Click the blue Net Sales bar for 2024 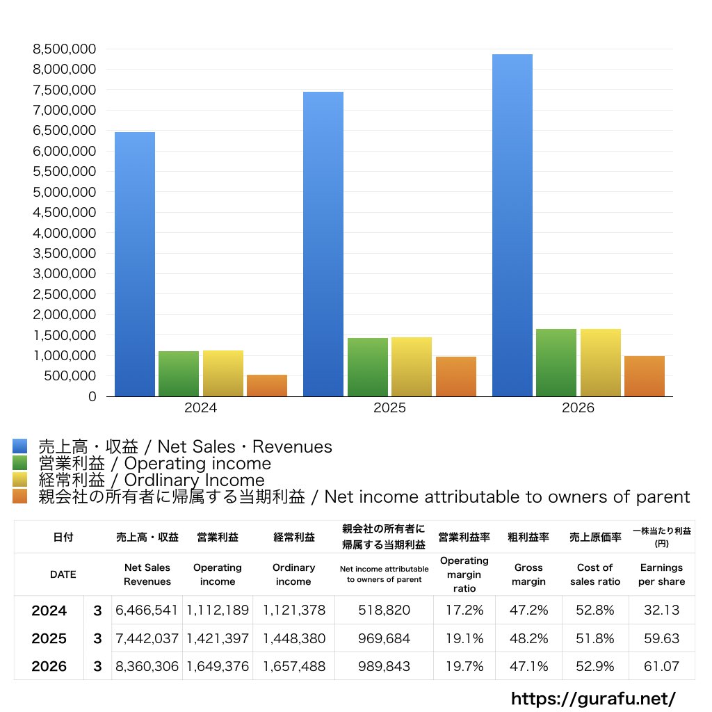coord(135,264)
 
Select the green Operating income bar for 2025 coord(368,367)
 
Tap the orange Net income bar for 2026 coord(645,376)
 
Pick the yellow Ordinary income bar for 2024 coord(223,373)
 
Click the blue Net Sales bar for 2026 coord(512,225)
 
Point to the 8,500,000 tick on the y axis coord(65,49)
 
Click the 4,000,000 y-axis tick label coord(65,233)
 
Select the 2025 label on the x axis coord(389,407)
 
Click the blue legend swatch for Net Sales coord(20,446)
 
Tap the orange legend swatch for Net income coord(20,496)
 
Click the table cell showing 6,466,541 coord(146,610)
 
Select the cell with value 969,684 coord(384,638)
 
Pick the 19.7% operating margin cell coord(464,666)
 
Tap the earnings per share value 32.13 coord(662,610)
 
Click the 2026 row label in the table coord(49,666)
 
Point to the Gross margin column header coord(528,574)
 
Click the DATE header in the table coord(63,574)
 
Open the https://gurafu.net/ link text coord(594,698)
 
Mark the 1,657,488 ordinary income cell coord(294,666)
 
